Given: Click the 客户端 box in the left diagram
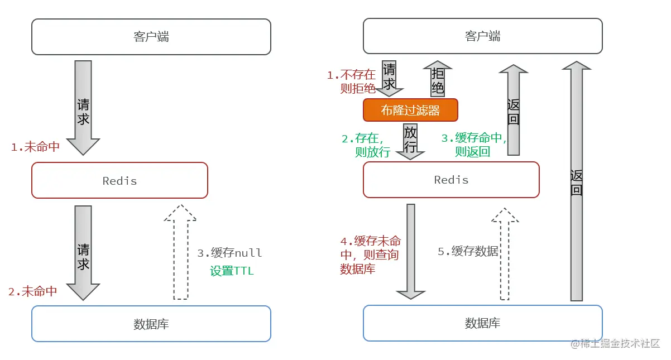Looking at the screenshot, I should point(151,37).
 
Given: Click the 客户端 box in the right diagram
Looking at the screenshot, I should point(482,37).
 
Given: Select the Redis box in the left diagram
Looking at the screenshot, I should point(119,180).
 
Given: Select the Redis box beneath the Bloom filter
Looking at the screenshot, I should point(451,180).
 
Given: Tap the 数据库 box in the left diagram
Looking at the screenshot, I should point(151,324).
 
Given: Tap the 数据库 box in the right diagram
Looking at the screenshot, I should point(482,323).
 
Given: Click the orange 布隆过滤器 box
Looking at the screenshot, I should point(410,111).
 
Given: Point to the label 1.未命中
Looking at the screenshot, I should point(35,147).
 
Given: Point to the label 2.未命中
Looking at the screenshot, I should point(32,291).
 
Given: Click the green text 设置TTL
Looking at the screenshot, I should point(232,271).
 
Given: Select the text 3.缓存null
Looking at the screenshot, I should point(229,253).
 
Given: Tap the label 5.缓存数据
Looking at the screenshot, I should point(468,252).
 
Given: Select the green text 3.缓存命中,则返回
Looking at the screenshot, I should point(473,145).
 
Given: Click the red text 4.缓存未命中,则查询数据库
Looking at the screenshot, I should point(370,255).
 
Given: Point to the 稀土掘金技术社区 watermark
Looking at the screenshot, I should point(615,343).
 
